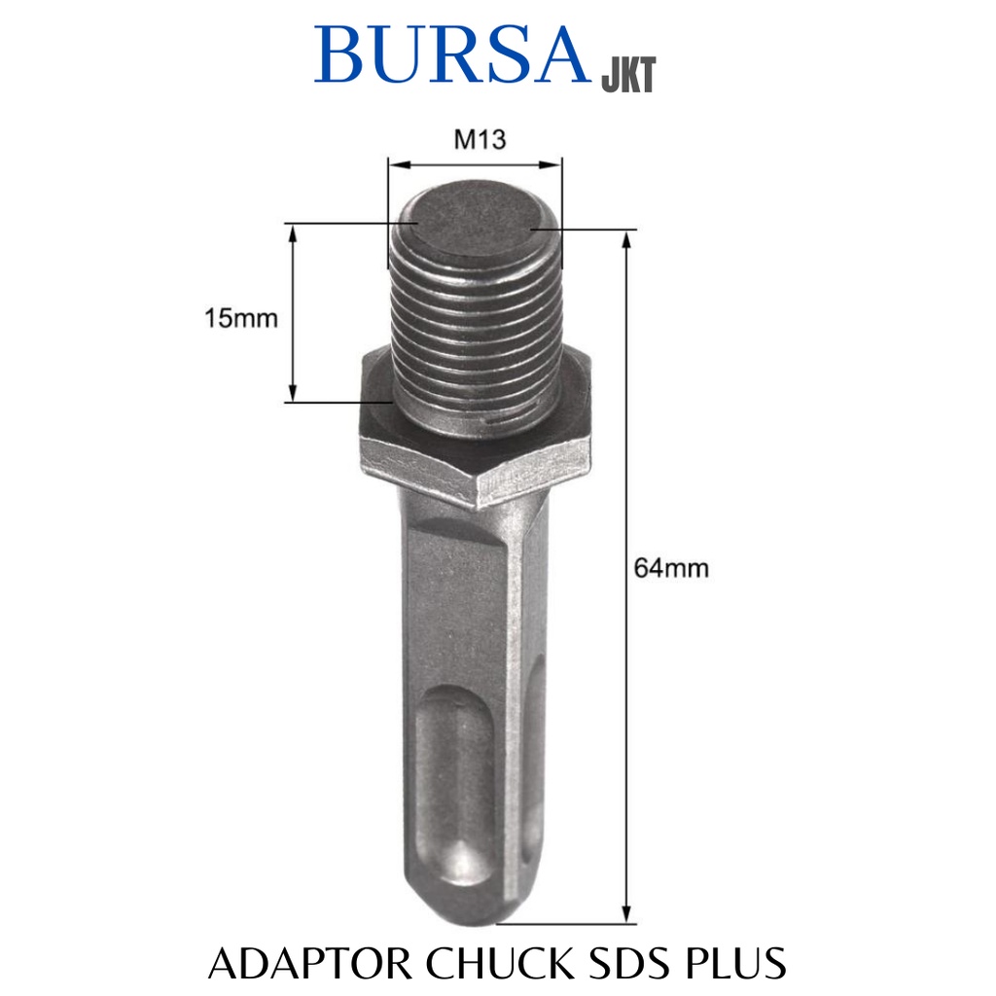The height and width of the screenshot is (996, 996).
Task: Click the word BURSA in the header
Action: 452,55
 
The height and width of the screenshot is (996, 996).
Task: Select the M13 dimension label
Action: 480,140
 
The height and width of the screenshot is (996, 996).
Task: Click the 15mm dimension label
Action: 240,318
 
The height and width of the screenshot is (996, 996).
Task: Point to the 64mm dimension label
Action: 671,567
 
